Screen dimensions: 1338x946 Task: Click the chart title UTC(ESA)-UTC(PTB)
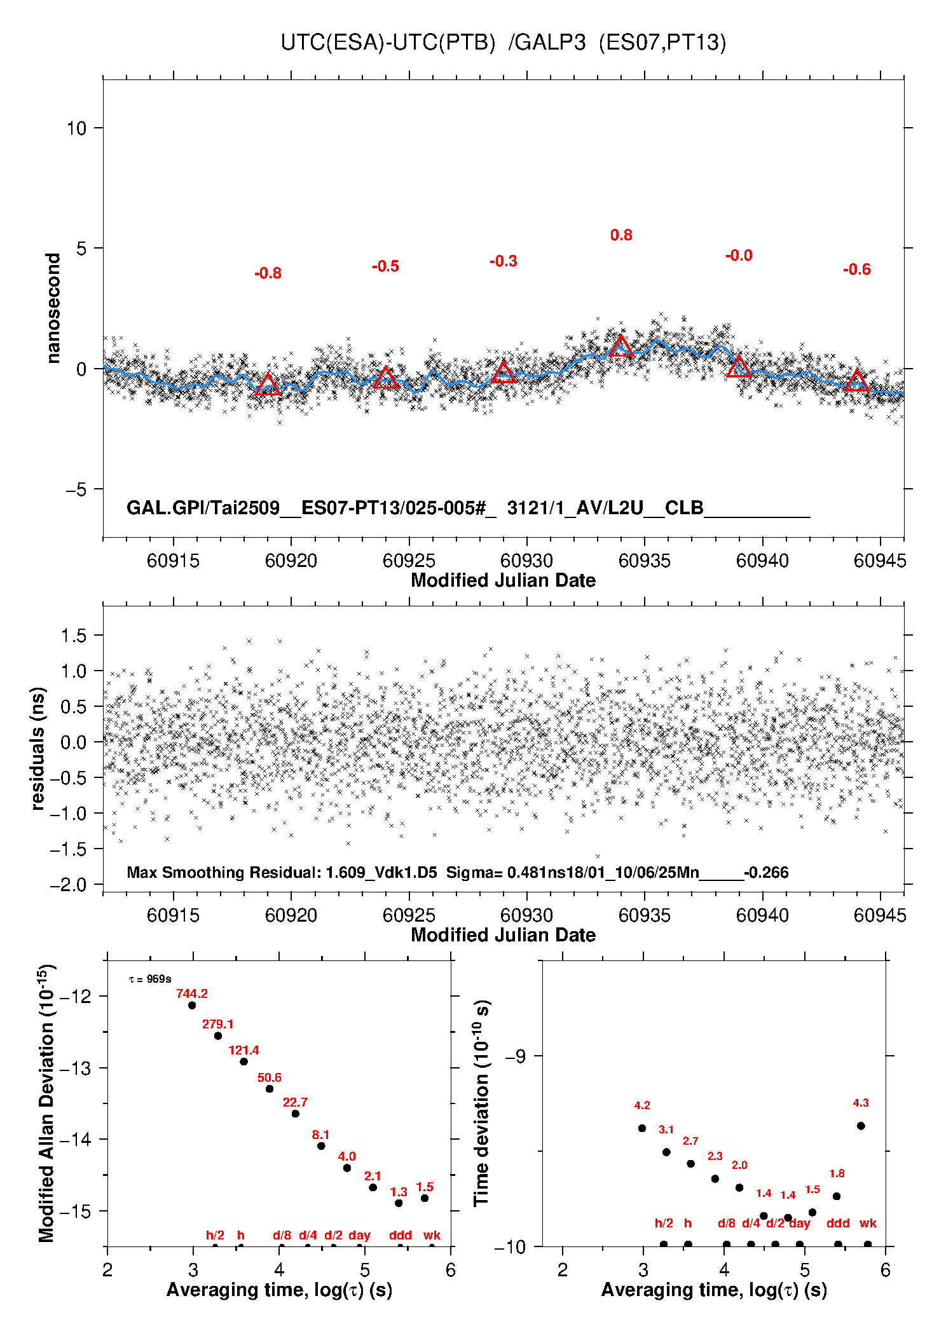point(388,43)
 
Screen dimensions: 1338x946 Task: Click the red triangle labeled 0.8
point(621,346)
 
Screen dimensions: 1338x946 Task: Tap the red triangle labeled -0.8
point(268,385)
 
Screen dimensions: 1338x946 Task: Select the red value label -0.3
point(503,261)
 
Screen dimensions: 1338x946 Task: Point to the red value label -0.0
point(739,256)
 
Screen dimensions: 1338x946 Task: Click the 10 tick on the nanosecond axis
point(76,128)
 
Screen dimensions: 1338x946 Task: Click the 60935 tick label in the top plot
point(644,561)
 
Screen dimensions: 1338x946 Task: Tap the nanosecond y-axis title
point(53,308)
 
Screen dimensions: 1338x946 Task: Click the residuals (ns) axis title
point(38,748)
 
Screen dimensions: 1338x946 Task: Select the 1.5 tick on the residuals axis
point(72,635)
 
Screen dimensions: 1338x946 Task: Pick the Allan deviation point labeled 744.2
point(192,1005)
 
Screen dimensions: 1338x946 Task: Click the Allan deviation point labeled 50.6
point(270,1089)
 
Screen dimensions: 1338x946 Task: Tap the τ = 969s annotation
point(150,979)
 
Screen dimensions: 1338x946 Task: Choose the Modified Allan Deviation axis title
point(46,1103)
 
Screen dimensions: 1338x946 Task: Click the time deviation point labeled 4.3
point(861,1126)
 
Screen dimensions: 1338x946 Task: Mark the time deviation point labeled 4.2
point(642,1128)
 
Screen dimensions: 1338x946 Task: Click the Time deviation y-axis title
point(481,1103)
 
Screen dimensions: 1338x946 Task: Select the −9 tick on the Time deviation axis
point(515,1056)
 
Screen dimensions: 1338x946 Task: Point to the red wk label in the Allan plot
point(432,1235)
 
